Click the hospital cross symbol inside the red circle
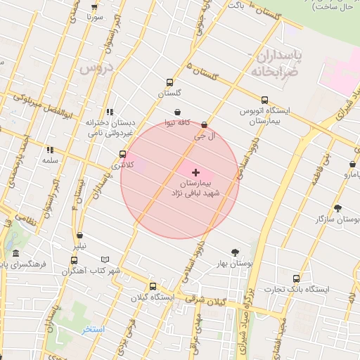(x=195, y=172)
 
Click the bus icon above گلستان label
(x=169, y=82)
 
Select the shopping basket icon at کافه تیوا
(x=176, y=112)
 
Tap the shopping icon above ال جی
(x=204, y=125)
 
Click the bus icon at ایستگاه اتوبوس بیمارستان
(x=264, y=100)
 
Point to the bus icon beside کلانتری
(x=123, y=154)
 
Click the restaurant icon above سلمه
(x=49, y=150)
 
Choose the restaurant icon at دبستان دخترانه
(x=109, y=112)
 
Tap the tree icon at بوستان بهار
(x=234, y=252)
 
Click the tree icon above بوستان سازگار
(x=338, y=208)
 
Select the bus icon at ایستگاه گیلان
(x=153, y=286)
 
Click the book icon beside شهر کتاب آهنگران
(x=106, y=259)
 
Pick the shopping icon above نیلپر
(x=79, y=236)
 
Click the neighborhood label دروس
(x=96, y=69)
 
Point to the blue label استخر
(x=93, y=329)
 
